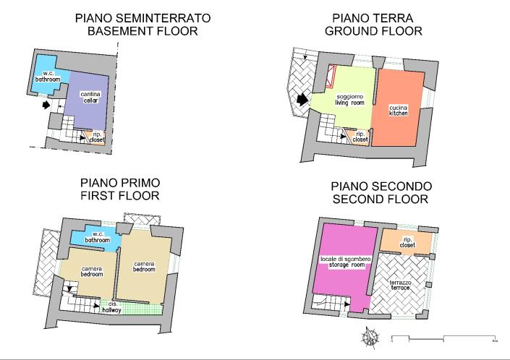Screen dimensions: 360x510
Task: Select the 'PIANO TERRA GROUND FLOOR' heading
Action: tap(373, 25)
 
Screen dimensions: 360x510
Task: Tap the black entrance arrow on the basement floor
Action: tap(48, 105)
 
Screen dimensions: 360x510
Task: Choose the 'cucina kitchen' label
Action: tap(398, 109)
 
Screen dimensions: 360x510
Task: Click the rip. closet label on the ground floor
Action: tap(360, 137)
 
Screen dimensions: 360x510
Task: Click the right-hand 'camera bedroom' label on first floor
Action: tap(144, 266)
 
